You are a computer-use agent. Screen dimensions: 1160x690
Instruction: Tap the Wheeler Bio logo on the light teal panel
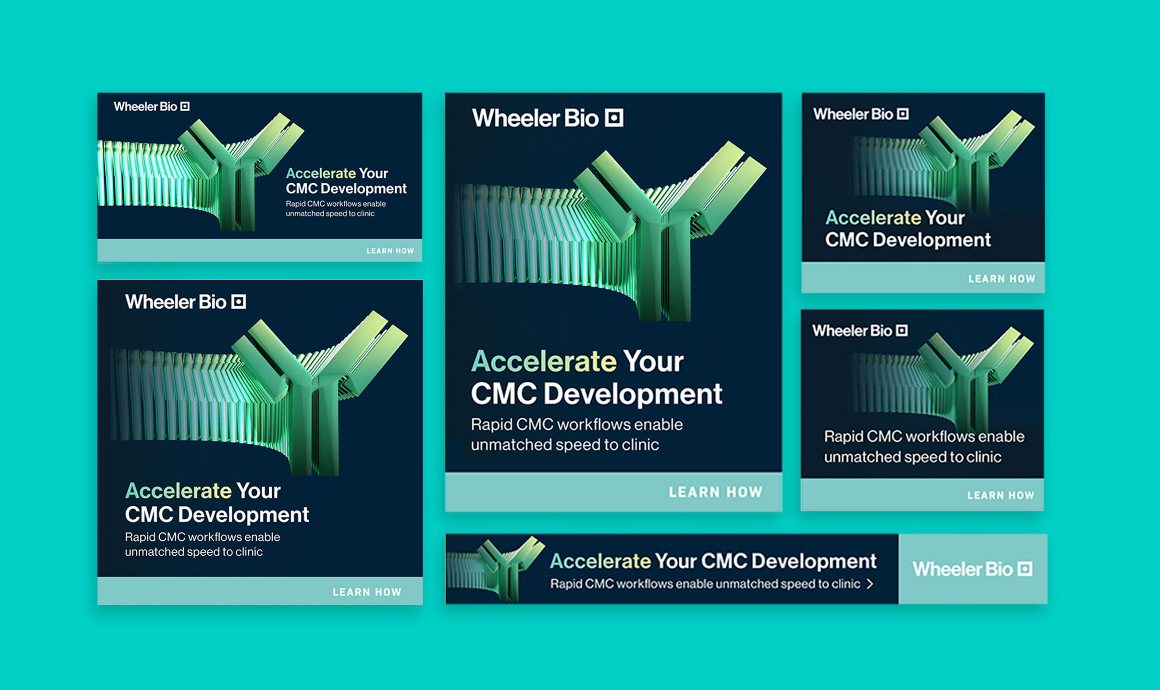click(x=972, y=569)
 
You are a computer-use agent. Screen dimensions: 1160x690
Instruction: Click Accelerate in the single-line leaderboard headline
click(x=600, y=561)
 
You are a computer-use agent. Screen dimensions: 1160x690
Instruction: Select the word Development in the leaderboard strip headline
click(x=814, y=562)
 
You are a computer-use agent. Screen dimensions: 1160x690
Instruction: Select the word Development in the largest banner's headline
click(x=633, y=394)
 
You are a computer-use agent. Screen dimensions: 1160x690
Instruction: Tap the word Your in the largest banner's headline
click(x=653, y=361)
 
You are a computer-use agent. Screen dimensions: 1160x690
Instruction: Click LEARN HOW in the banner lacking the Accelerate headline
click(x=1000, y=495)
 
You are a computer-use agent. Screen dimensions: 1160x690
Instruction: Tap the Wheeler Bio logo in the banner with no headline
click(x=860, y=330)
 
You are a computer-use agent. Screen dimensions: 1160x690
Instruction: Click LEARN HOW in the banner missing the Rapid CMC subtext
click(x=1001, y=278)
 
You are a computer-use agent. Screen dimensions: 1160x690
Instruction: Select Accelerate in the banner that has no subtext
click(x=872, y=218)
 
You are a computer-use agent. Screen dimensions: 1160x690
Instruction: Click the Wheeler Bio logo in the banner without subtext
click(x=860, y=114)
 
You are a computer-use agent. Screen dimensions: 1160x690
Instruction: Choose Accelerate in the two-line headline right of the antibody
click(x=321, y=174)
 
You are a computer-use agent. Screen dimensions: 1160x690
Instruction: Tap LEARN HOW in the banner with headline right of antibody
click(x=390, y=251)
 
